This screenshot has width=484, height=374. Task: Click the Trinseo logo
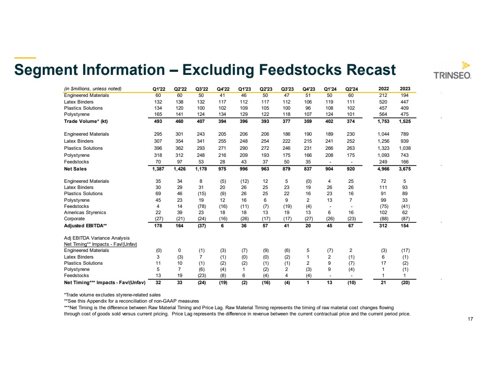tap(453, 70)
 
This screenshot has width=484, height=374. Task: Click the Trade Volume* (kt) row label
tap(86, 121)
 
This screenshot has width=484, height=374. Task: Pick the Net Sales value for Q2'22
tap(180, 169)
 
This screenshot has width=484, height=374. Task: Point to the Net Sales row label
tap(75, 169)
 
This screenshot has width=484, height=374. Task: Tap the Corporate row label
tap(74, 219)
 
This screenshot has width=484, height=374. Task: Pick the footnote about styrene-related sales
tap(106, 294)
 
